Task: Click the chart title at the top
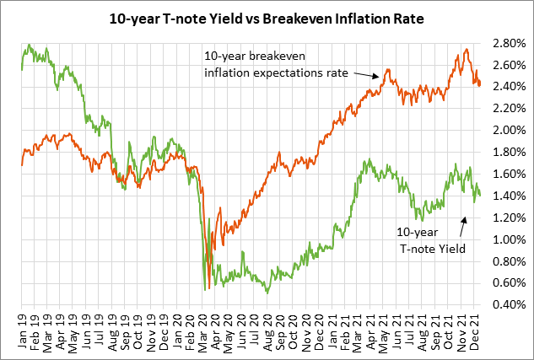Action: pos(267,16)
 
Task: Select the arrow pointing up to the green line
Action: pos(462,212)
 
